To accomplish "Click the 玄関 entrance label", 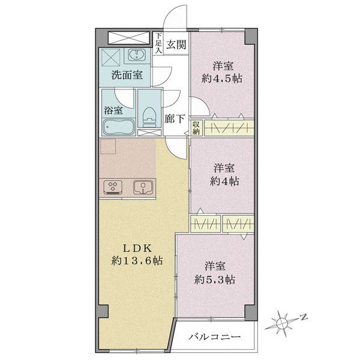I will pyautogui.click(x=176, y=44).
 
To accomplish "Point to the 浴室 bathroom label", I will pyautogui.click(x=114, y=110).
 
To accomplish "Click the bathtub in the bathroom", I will pyautogui.click(x=118, y=128).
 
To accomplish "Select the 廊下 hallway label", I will pyautogui.click(x=175, y=118).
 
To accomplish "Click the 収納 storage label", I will pyautogui.click(x=196, y=127).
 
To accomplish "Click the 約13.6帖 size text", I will pyautogui.click(x=137, y=260).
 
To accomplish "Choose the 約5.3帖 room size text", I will pyautogui.click(x=214, y=279).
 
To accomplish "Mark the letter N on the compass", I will pyautogui.click(x=304, y=316).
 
